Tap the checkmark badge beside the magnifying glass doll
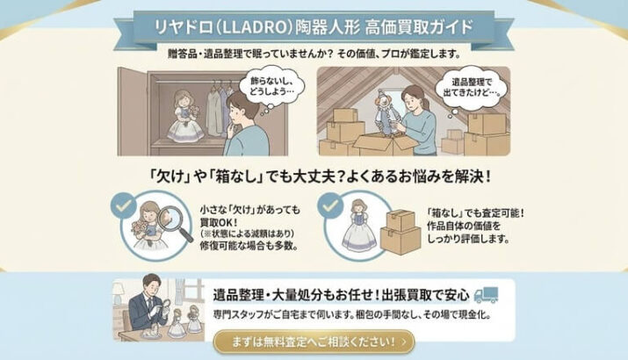tap(124, 205)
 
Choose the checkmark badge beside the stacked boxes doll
tap(330, 205)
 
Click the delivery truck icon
tap(486, 295)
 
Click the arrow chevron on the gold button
tap(403, 342)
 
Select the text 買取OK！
tap(219, 223)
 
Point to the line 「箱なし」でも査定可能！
tap(475, 212)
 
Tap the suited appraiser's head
tap(151, 284)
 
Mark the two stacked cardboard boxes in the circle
tap(401, 233)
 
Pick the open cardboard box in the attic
tap(386, 145)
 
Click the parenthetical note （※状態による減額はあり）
tap(247, 234)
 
